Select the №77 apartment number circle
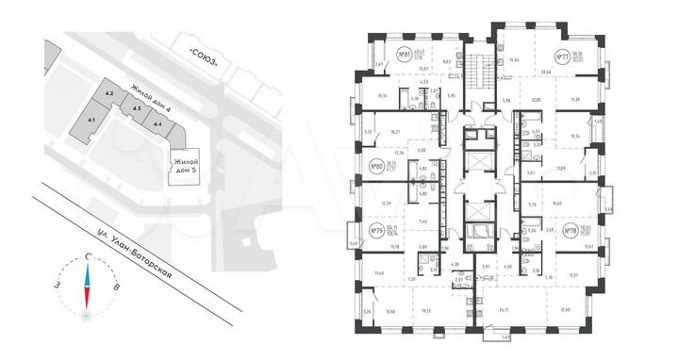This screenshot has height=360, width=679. tap(565, 56)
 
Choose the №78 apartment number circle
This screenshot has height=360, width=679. tap(571, 231)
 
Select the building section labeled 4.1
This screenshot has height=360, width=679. tap(91, 121)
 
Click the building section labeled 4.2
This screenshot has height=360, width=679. tap(109, 94)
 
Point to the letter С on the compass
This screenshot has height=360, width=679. tap(88, 257)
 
